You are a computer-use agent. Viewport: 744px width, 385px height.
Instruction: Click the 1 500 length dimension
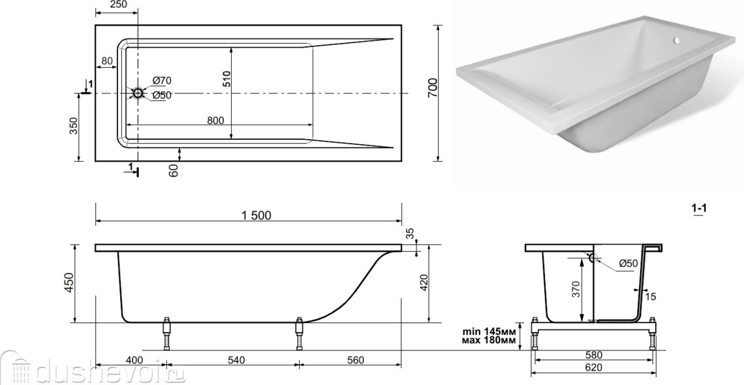pyautogui.click(x=256, y=216)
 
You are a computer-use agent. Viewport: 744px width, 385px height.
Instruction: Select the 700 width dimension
pyautogui.click(x=433, y=87)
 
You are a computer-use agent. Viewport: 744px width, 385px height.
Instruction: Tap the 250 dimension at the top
pyautogui.click(x=117, y=5)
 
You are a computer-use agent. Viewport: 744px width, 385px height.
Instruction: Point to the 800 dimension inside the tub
pyautogui.click(x=215, y=121)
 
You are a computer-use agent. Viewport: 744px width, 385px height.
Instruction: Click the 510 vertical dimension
pyautogui.click(x=226, y=79)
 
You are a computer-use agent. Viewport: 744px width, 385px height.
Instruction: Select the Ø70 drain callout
pyautogui.click(x=162, y=81)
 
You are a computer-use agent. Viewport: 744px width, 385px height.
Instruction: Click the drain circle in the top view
pyautogui.click(x=138, y=93)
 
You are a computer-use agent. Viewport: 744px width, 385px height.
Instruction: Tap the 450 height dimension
pyautogui.click(x=70, y=283)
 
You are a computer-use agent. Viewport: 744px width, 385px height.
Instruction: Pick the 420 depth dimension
pyautogui.click(x=424, y=283)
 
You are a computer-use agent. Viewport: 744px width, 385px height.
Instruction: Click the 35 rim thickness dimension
pyautogui.click(x=411, y=233)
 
